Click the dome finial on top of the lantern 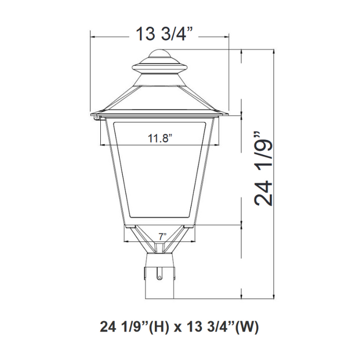point(160,55)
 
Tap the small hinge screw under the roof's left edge point(97,118)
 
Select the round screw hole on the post point(160,278)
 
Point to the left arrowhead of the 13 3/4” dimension point(93,36)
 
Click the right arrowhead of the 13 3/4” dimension point(227,36)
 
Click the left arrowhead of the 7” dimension point(125,241)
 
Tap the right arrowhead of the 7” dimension point(195,241)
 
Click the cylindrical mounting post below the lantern point(160,278)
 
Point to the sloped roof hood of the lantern point(160,98)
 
